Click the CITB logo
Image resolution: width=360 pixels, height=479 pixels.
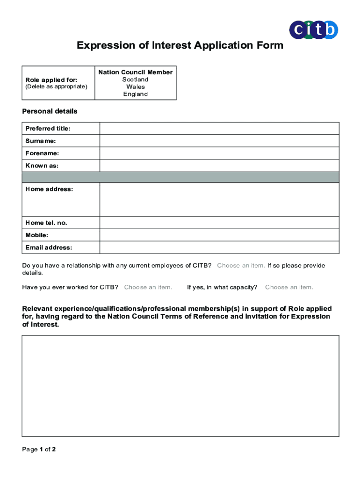point(313,30)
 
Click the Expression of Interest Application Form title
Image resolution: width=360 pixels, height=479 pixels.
point(180,45)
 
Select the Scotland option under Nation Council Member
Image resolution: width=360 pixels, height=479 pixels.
point(136,80)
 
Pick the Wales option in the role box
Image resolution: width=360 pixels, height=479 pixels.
point(136,87)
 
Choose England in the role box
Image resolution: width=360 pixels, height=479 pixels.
point(136,94)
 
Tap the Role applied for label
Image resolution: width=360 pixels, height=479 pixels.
point(51,80)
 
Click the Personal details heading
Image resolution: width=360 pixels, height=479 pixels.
point(50,111)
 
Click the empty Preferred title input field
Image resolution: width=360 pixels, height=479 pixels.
point(219,129)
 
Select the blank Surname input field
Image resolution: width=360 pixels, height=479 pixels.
point(219,141)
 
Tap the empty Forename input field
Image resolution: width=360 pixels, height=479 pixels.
point(219,153)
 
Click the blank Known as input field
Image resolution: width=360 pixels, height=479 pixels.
point(219,166)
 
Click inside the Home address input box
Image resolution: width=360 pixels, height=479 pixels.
point(219,199)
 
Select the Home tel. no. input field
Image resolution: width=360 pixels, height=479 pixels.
point(219,223)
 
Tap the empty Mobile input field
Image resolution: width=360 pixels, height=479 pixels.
point(219,235)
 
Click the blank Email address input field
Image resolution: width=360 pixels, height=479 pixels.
point(219,247)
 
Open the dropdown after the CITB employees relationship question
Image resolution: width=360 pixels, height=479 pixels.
point(241,266)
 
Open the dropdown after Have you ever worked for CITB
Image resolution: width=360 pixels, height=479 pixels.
point(148,287)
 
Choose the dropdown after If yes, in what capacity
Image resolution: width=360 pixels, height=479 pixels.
point(289,287)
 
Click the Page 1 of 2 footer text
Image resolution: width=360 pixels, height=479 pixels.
point(39,450)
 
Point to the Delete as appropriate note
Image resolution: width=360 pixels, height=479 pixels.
point(56,87)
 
